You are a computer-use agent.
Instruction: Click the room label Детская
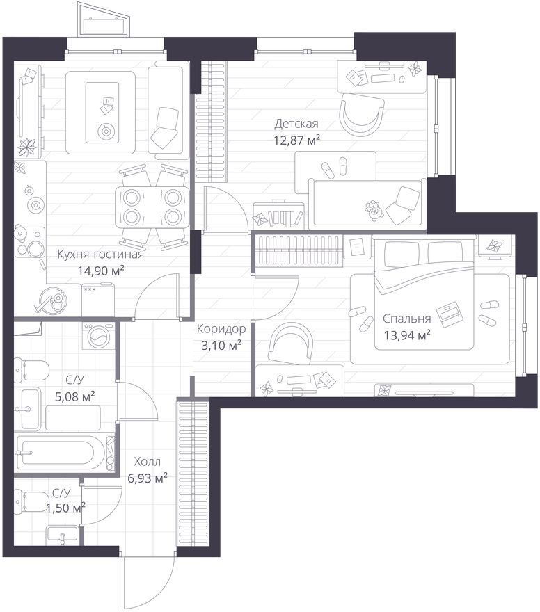pyautogui.click(x=296, y=124)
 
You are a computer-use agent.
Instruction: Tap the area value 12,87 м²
pyautogui.click(x=297, y=140)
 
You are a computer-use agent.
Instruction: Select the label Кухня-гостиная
pyautogui.click(x=101, y=255)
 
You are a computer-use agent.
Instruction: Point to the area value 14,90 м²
pyautogui.click(x=101, y=271)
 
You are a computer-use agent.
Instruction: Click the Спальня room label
pyautogui.click(x=407, y=319)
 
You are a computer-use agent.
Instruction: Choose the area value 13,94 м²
pyautogui.click(x=407, y=335)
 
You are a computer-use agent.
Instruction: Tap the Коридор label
pyautogui.click(x=221, y=329)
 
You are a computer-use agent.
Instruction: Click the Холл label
pyautogui.click(x=148, y=462)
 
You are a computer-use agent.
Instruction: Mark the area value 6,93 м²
pyautogui.click(x=148, y=478)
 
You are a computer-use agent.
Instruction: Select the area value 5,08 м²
pyautogui.click(x=75, y=397)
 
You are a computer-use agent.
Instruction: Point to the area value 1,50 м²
pyautogui.click(x=65, y=508)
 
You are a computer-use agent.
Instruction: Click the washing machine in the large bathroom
pyautogui.click(x=99, y=335)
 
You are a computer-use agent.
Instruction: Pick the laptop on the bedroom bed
pyautogui.click(x=449, y=314)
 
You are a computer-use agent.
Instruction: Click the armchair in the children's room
pyautogui.click(x=362, y=113)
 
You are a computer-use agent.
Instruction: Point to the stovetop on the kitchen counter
pyautogui.click(x=30, y=243)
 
